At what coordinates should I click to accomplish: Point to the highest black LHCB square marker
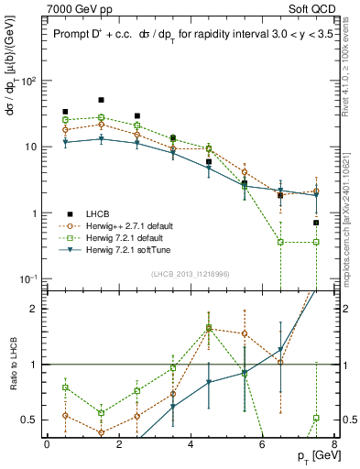(x=101, y=100)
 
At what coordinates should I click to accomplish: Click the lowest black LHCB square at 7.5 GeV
(x=316, y=223)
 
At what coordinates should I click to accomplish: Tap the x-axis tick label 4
(x=190, y=444)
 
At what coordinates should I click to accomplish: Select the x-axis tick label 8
(x=333, y=444)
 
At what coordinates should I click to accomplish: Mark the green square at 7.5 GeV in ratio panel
(x=316, y=418)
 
